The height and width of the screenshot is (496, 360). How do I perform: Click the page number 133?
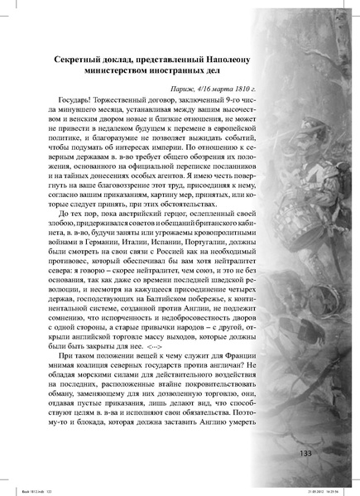304,453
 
